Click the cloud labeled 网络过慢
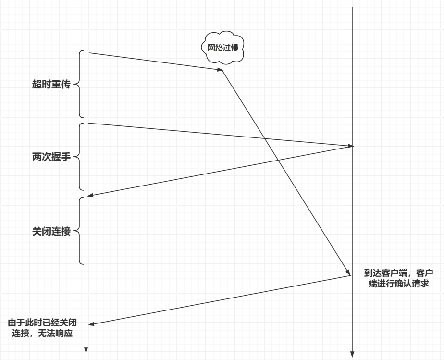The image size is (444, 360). coord(222,48)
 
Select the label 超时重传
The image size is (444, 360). coord(51,85)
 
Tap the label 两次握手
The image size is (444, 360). coord(51,157)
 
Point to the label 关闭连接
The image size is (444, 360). coord(51,231)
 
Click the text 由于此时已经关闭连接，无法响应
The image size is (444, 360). coord(43,327)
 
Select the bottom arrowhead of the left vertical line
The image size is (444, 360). coord(86,350)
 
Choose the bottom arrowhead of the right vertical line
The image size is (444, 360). coord(352,355)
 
